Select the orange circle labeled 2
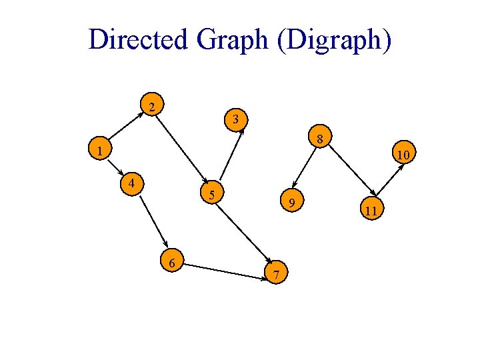pyautogui.click(x=153, y=106)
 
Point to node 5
pyautogui.click(x=211, y=195)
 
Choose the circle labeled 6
pyautogui.click(x=172, y=263)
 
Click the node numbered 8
pyautogui.click(x=320, y=139)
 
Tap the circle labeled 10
pyautogui.click(x=403, y=155)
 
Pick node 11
pyautogui.click(x=371, y=211)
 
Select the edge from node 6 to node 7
pyautogui.click(x=225, y=268)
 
